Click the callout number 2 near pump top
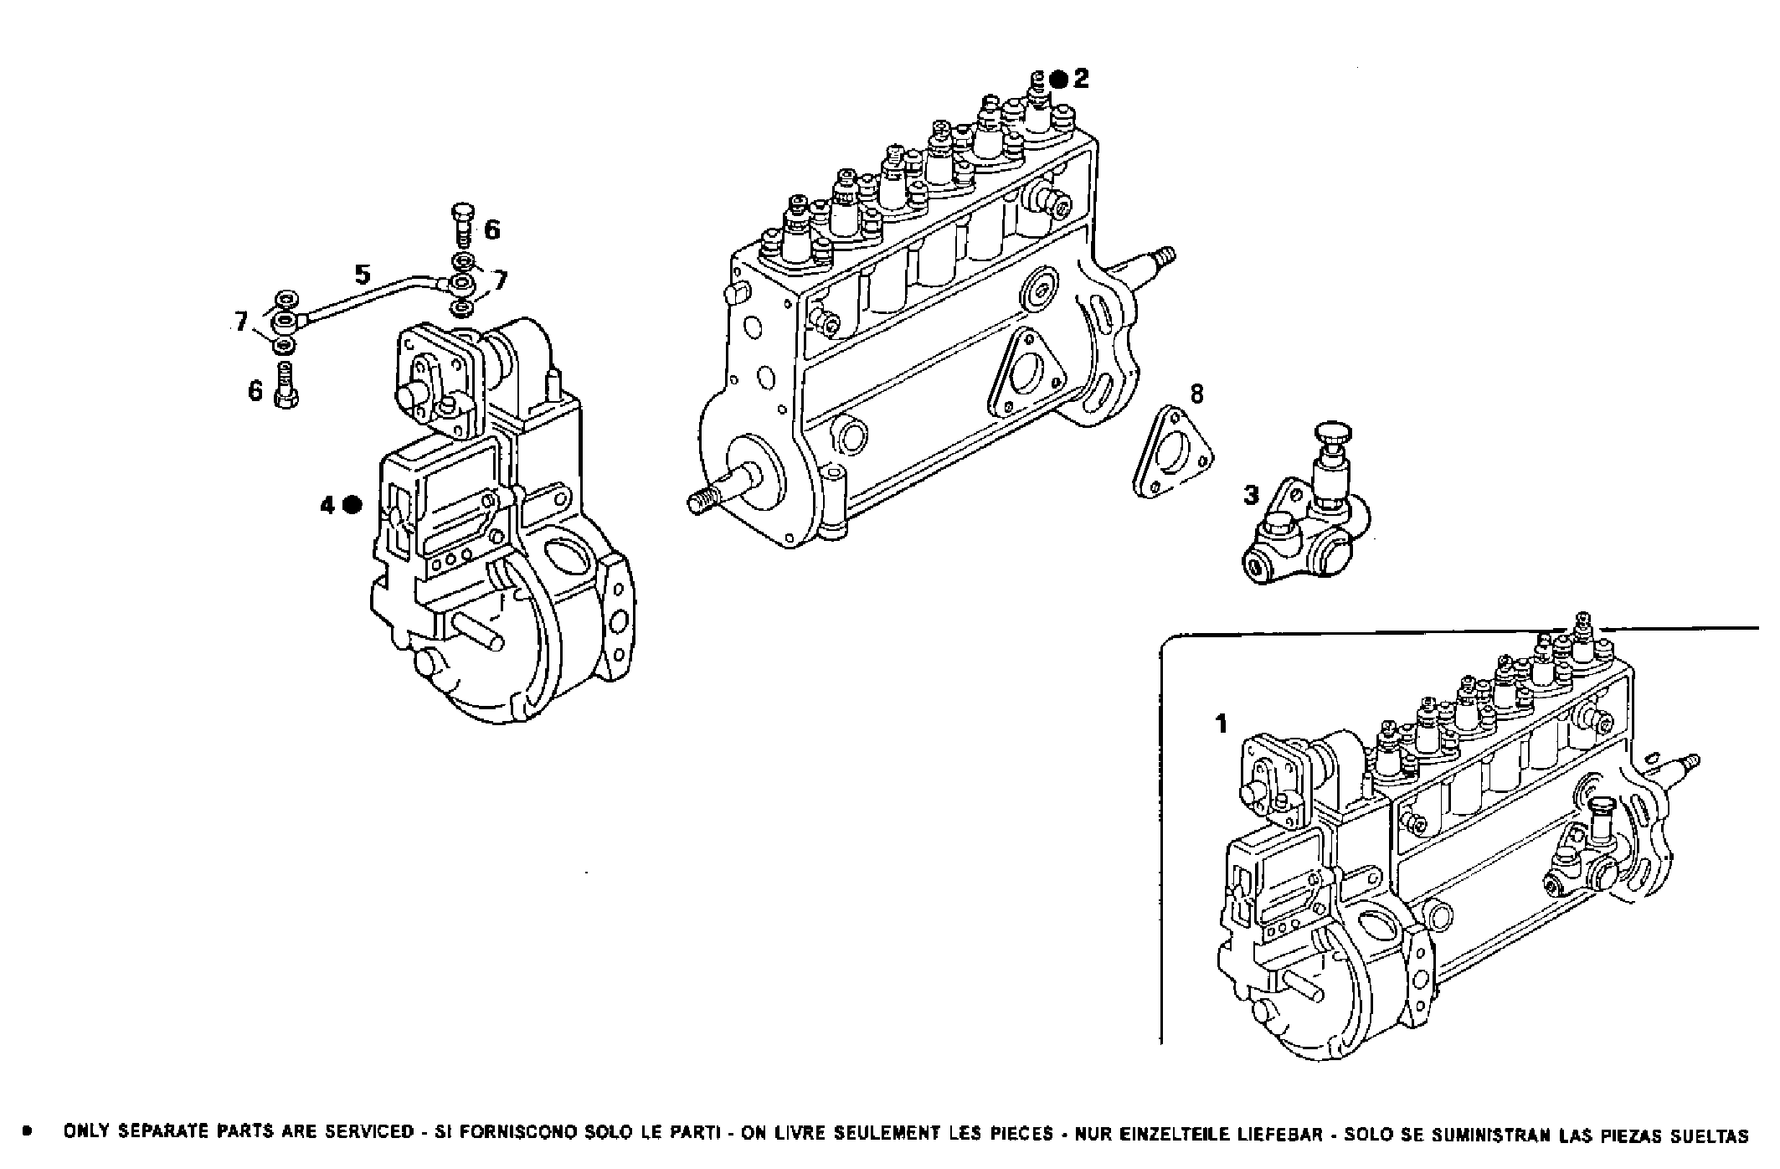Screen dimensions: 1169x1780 [x=1081, y=79]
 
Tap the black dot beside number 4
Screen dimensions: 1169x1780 [x=352, y=504]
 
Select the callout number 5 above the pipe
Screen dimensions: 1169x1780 [x=362, y=274]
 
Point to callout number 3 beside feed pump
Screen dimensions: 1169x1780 [x=1251, y=495]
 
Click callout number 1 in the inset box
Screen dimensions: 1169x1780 [x=1222, y=723]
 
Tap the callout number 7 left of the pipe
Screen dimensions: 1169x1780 [x=241, y=321]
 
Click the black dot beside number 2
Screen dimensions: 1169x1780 [x=1058, y=80]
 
